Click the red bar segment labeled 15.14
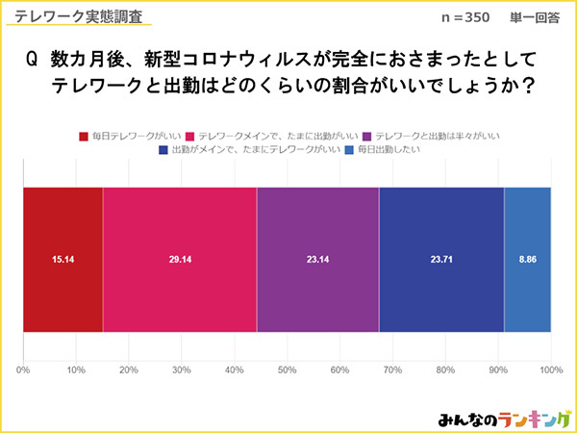[x=63, y=260]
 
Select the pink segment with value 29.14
[x=180, y=260]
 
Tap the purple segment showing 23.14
[x=317, y=260]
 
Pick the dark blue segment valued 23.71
[x=441, y=260]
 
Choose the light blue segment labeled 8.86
[x=527, y=260]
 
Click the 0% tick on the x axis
[x=24, y=369]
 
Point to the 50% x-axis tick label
[x=287, y=369]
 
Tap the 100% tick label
[x=550, y=369]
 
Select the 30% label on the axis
[x=182, y=369]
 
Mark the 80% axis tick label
[x=444, y=369]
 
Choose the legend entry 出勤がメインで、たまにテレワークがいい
[x=254, y=150]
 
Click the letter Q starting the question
[x=31, y=60]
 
